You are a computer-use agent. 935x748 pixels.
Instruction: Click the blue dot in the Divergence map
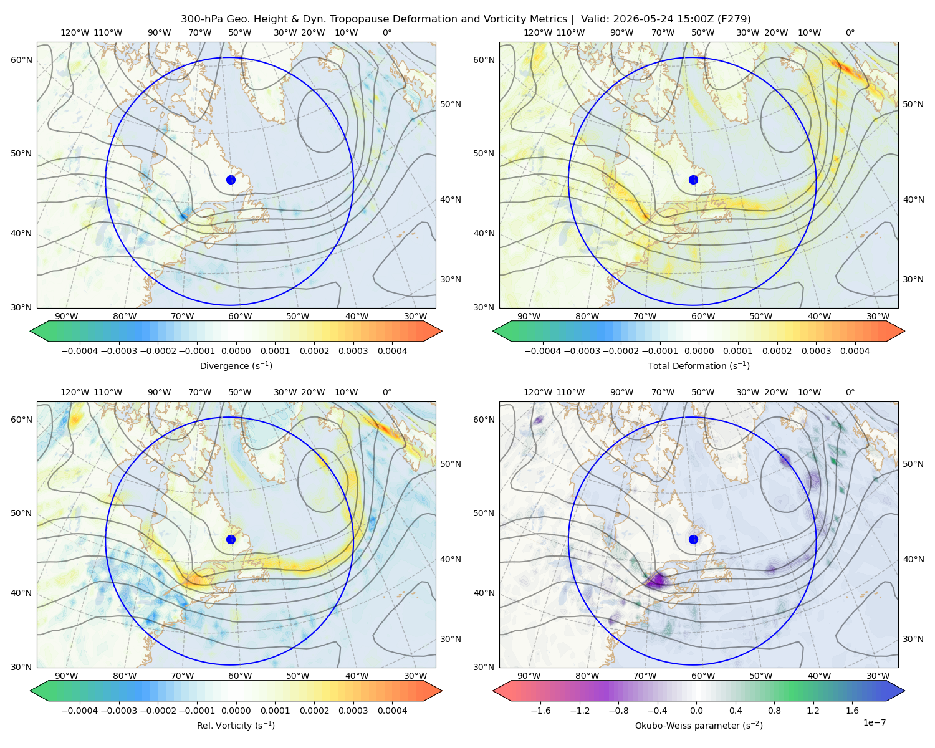(x=231, y=180)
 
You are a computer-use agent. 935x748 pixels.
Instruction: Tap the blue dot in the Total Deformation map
(x=693, y=180)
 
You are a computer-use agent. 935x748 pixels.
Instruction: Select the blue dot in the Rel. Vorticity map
(x=231, y=539)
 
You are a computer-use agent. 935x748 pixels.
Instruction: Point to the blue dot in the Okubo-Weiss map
(x=693, y=539)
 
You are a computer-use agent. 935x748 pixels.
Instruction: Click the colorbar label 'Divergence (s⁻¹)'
(x=236, y=365)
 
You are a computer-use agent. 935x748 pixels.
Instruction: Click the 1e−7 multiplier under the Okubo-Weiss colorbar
(x=874, y=722)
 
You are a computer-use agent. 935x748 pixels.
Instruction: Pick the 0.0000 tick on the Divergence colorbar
(x=236, y=351)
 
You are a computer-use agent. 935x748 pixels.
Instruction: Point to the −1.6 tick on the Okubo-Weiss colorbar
(x=540, y=710)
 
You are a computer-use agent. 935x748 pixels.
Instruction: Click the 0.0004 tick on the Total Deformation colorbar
(x=855, y=351)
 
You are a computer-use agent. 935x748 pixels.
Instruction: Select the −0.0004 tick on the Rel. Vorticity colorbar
(x=80, y=710)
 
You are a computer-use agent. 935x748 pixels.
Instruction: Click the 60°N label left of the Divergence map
(x=21, y=60)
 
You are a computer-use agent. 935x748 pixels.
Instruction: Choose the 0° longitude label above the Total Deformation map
(x=850, y=32)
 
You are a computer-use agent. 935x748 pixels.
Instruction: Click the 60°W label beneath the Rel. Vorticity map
(x=240, y=676)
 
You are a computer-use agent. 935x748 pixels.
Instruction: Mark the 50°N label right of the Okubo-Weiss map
(x=913, y=463)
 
